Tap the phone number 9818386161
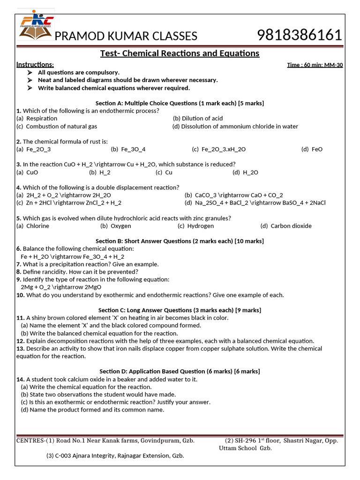coord(300,35)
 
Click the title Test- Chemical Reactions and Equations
coord(180,53)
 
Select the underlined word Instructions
coord(35,65)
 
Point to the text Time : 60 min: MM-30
coord(315,65)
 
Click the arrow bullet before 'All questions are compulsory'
coord(30,73)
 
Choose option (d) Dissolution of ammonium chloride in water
coord(235,126)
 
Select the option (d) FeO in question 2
coord(312,149)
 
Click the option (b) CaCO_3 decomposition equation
coord(233,195)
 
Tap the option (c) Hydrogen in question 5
coord(195,226)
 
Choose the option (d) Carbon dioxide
coord(286,226)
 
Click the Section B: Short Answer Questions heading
coord(180,241)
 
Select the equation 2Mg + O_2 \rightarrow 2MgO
coord(61,287)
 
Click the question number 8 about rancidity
coord(19,272)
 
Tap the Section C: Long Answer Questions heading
coord(180,310)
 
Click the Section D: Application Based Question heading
coord(180,371)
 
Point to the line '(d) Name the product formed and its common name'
coord(92,410)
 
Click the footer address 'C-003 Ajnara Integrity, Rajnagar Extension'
coord(115,456)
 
